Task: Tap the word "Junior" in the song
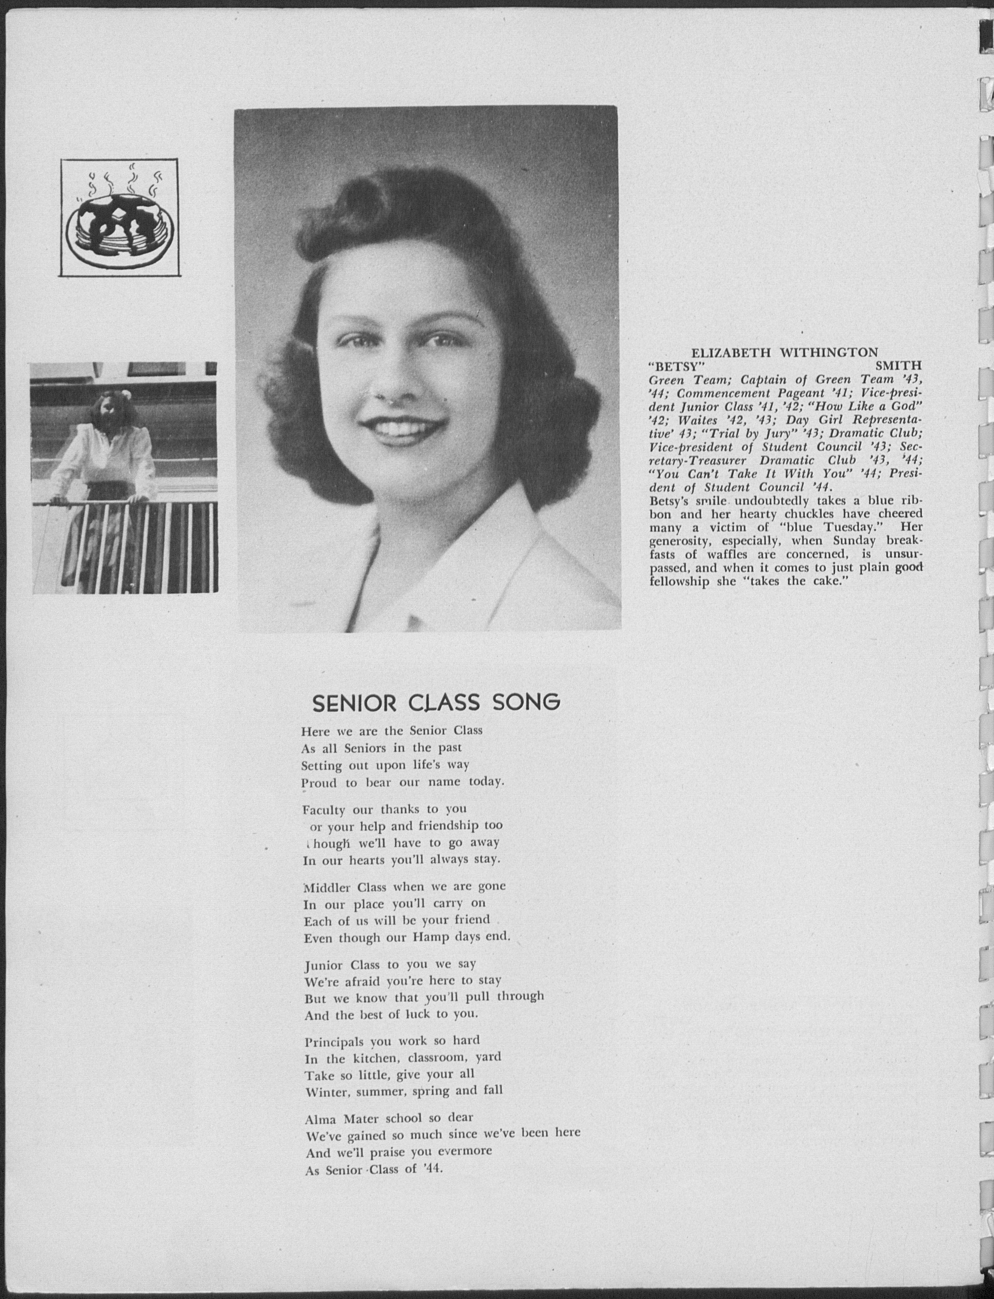(325, 982)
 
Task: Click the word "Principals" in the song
(333, 1058)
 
